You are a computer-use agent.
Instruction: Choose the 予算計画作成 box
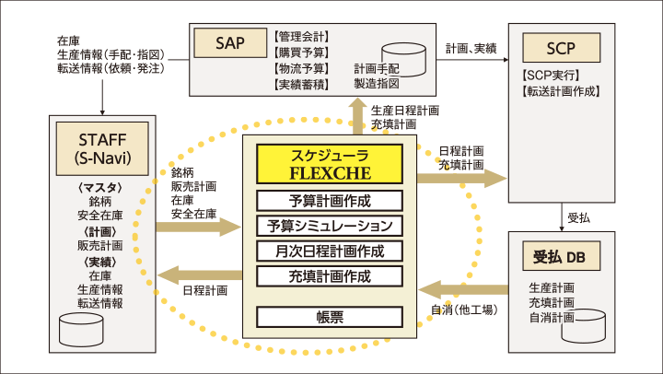329,201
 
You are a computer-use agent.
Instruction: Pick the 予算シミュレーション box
329,226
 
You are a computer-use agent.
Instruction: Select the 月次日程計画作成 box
329,251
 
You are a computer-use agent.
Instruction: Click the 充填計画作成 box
329,275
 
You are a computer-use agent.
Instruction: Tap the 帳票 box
329,316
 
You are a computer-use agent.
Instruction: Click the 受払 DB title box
559,254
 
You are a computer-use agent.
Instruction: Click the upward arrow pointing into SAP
356,116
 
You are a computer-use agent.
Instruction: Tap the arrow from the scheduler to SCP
460,175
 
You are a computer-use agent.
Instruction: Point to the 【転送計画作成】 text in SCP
560,91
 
